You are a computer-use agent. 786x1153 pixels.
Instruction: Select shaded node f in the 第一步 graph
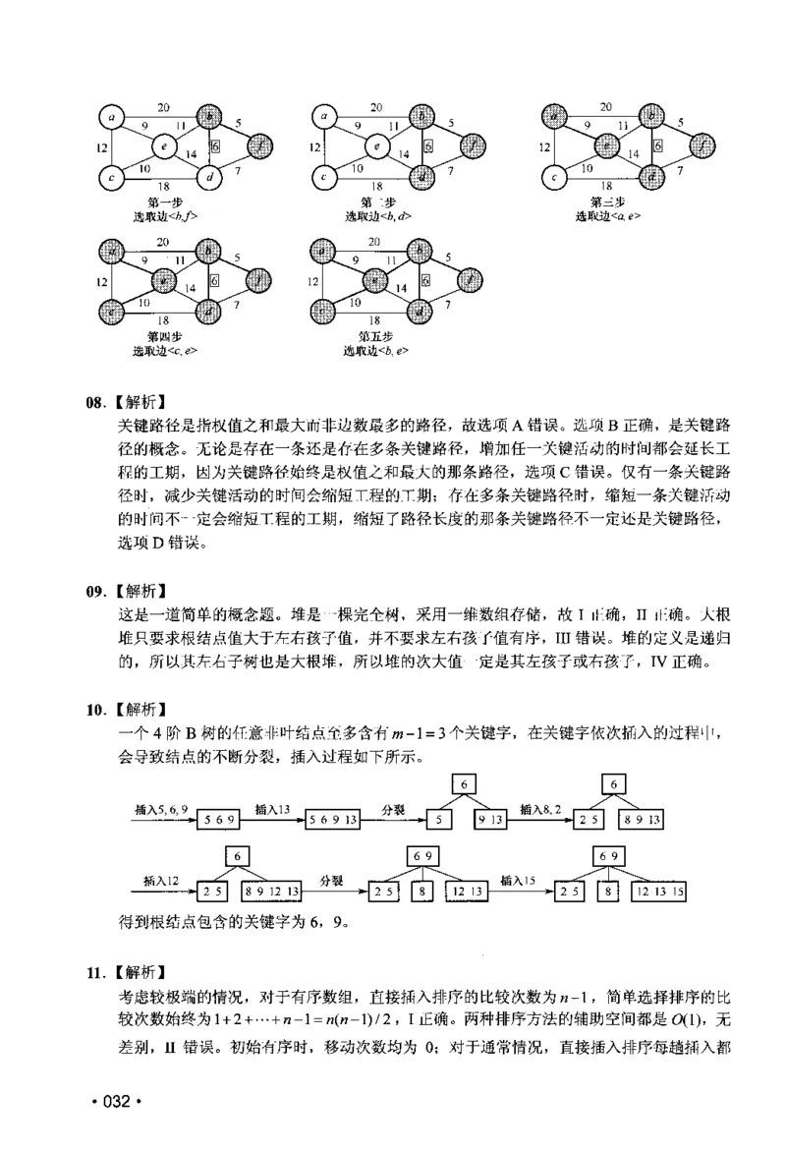[x=260, y=147]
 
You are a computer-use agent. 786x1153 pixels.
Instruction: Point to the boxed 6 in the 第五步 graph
[x=425, y=279]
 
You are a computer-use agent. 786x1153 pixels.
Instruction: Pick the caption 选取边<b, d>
[x=377, y=215]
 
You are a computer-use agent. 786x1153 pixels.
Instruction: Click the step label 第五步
[x=377, y=335]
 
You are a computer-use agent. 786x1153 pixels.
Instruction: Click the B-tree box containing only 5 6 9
[x=217, y=819]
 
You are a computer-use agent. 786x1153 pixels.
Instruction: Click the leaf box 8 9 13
[x=641, y=819]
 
